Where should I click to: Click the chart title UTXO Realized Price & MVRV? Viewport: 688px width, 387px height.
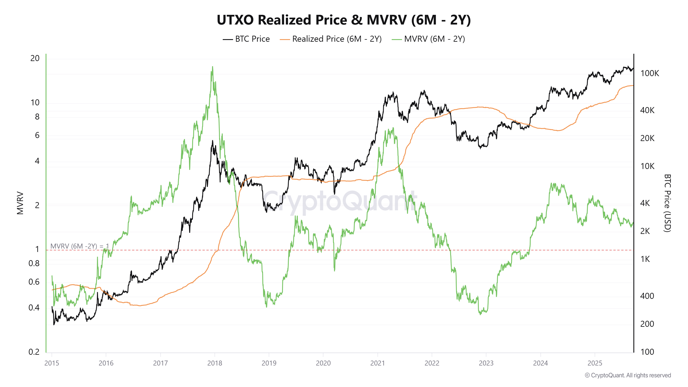(344, 20)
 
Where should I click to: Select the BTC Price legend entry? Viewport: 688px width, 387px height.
(246, 39)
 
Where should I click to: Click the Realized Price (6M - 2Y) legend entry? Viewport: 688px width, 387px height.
(331, 39)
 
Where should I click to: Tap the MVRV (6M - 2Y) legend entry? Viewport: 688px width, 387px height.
(428, 39)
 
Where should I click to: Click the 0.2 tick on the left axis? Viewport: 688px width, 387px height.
(34, 352)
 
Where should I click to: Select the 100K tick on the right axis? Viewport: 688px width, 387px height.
(650, 73)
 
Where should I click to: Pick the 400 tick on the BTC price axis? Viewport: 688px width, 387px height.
(647, 296)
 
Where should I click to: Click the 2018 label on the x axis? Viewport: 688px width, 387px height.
(215, 363)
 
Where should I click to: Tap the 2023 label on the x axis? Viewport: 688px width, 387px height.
(486, 363)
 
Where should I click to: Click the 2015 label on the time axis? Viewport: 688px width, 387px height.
(52, 363)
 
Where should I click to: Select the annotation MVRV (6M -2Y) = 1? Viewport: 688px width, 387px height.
(80, 246)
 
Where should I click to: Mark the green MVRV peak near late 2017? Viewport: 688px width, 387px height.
(213, 67)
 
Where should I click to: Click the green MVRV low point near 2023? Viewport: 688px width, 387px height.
(481, 314)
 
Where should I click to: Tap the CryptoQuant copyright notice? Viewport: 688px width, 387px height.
(628, 375)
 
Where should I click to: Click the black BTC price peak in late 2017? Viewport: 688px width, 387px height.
(213, 141)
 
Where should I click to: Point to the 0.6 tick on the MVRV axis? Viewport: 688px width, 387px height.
(34, 282)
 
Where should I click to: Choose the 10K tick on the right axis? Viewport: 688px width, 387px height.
(647, 166)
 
